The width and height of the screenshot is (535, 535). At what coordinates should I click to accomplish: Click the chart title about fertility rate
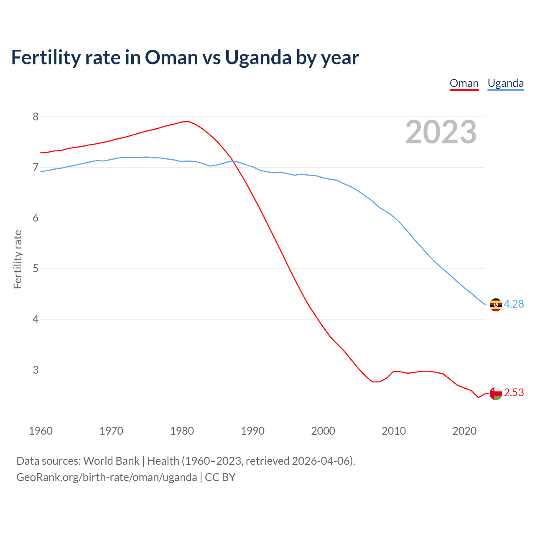click(185, 57)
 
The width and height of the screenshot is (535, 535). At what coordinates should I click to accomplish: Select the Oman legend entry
click(464, 83)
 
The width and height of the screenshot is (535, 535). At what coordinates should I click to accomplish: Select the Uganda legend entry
click(506, 83)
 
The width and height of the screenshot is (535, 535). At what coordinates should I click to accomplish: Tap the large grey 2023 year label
click(441, 132)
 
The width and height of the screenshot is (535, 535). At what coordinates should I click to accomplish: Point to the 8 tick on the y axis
click(36, 117)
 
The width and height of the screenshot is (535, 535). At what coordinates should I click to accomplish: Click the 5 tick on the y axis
click(36, 268)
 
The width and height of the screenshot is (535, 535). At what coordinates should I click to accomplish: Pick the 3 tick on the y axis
click(36, 370)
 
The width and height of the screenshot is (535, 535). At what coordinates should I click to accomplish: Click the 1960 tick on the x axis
click(41, 431)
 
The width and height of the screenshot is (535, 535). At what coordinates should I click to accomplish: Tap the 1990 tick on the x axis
click(252, 431)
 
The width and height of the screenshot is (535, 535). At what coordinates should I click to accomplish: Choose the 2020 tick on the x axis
click(464, 431)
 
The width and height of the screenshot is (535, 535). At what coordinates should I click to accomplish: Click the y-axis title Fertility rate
click(18, 259)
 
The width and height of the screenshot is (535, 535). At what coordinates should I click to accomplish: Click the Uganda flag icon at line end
click(496, 305)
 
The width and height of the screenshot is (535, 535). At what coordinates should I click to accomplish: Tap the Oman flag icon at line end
click(496, 393)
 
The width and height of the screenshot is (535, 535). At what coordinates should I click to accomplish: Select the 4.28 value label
click(514, 304)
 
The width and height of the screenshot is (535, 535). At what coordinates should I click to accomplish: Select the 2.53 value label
click(514, 393)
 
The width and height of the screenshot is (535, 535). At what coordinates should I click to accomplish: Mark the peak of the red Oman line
click(188, 121)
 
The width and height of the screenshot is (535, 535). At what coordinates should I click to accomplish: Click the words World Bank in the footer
click(111, 461)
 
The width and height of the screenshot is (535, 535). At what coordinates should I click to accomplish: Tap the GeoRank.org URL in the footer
click(107, 477)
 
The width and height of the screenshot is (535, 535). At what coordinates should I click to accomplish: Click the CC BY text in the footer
click(220, 477)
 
